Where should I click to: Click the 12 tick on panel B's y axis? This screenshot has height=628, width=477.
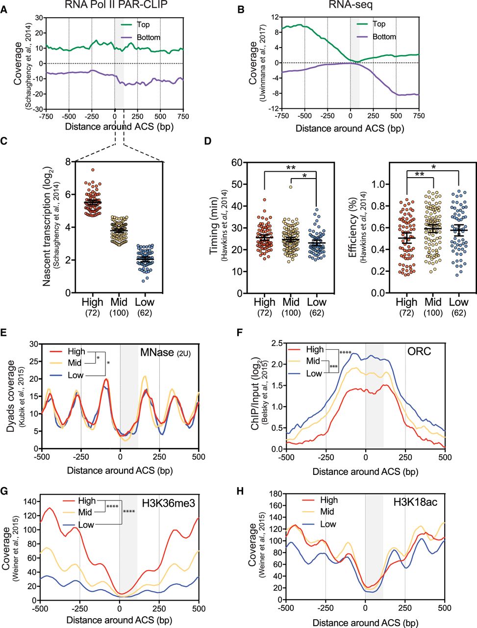point(275,17)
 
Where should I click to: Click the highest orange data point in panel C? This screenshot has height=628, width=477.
point(93,170)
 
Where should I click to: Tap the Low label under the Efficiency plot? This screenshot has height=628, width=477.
point(458,302)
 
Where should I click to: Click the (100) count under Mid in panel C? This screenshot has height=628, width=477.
point(119,314)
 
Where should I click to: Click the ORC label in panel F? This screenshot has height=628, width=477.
point(420,351)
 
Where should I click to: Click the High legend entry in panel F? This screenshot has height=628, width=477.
point(315,349)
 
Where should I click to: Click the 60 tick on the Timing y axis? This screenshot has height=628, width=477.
point(237,162)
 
